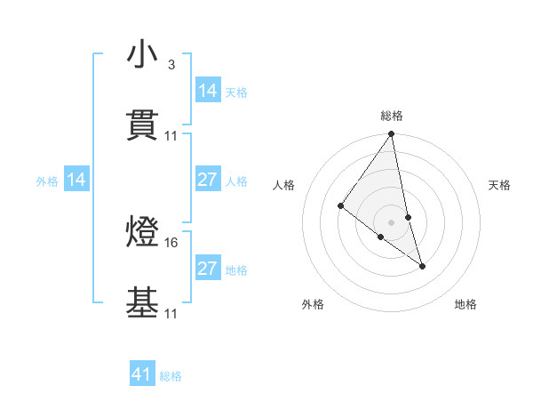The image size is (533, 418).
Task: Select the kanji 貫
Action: point(142,127)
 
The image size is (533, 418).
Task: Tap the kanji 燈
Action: point(142,233)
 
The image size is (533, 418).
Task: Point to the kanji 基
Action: point(142,303)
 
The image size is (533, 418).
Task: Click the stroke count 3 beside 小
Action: point(171,65)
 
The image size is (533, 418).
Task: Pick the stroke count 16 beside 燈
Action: point(171,242)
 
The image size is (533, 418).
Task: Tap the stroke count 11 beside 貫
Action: point(171,136)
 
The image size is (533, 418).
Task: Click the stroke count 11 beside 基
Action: point(171,312)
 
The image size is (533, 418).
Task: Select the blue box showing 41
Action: point(142,374)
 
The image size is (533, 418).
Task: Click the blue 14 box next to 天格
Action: point(208,91)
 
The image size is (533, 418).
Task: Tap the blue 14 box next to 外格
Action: point(76,181)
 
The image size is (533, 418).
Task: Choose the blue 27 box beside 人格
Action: point(208,181)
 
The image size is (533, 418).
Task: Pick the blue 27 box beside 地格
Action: point(208,269)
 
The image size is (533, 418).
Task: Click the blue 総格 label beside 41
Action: point(171,376)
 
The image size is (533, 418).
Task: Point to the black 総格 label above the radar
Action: point(392,116)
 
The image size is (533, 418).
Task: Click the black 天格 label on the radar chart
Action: point(500,185)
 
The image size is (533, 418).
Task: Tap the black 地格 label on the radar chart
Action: point(465,304)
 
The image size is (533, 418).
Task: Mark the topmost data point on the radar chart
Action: point(392,134)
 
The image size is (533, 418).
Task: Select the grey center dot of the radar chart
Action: point(392,221)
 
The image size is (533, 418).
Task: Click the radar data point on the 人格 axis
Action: point(340,206)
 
